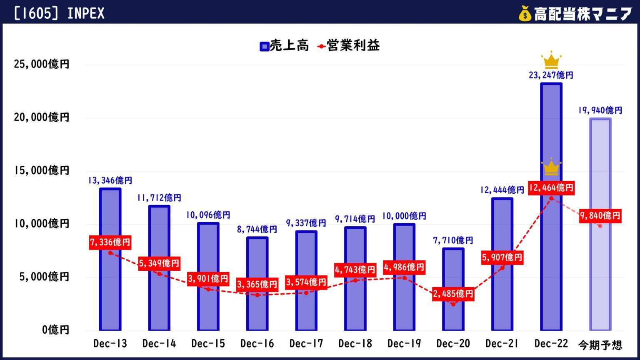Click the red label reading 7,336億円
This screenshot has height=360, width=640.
(x=110, y=242)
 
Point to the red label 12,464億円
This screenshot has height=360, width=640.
(x=551, y=188)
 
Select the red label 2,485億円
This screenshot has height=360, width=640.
(x=453, y=294)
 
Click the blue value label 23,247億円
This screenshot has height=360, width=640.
(x=551, y=75)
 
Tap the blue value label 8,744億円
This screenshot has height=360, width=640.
(x=257, y=229)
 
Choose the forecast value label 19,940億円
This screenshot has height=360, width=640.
(x=600, y=110)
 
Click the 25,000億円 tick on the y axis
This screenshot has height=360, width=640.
(x=42, y=65)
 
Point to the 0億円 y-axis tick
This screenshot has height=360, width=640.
(x=55, y=330)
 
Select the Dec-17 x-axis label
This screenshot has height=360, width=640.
(x=306, y=344)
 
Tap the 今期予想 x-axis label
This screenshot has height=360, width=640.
(x=600, y=345)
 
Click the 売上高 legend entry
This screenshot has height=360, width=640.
(x=284, y=46)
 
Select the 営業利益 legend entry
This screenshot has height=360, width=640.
(x=349, y=46)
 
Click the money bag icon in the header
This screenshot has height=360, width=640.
(x=525, y=14)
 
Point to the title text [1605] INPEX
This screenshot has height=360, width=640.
(x=59, y=14)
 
